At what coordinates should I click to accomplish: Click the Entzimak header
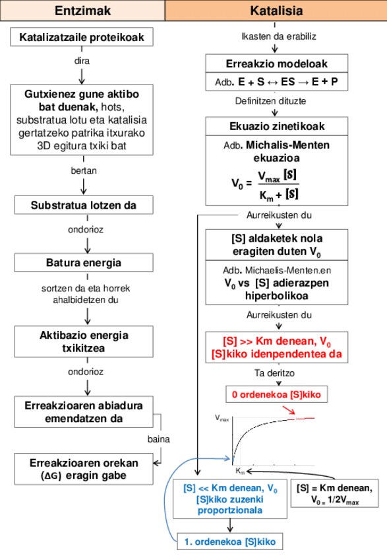[x=82, y=11]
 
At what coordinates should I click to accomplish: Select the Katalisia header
[x=276, y=11]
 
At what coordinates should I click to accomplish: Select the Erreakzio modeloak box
[x=276, y=65]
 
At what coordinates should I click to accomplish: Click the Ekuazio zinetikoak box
[x=276, y=126]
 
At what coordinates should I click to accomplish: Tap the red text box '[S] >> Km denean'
[x=276, y=347]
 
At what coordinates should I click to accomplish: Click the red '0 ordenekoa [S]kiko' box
[x=276, y=395]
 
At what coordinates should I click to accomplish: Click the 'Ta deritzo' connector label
[x=276, y=373]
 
